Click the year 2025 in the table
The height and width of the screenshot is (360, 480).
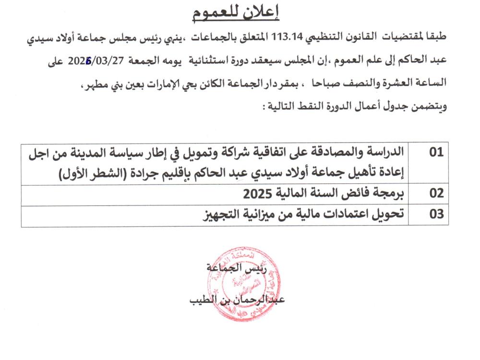(255, 194)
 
